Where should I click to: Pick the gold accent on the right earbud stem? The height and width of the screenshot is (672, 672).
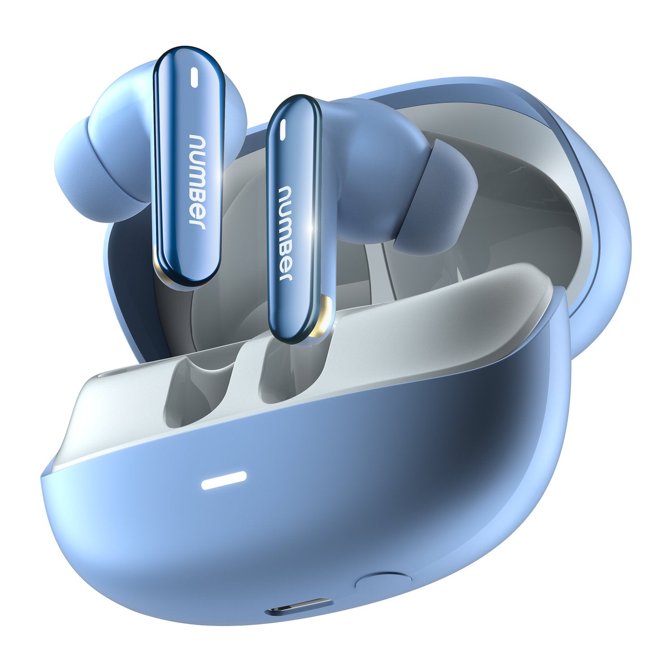pos(325,318)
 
